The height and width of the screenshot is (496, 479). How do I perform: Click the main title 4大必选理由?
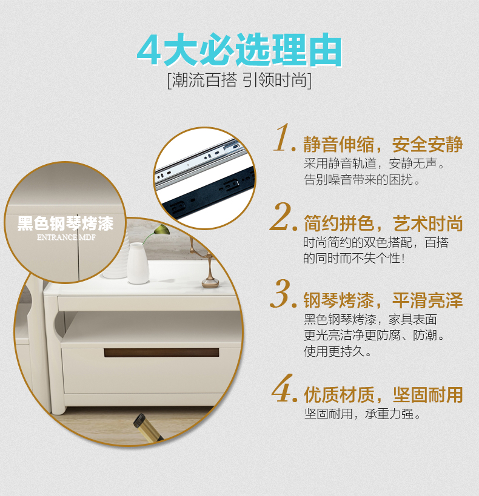click(x=239, y=50)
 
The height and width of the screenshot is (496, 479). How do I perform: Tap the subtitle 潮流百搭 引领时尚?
click(x=239, y=81)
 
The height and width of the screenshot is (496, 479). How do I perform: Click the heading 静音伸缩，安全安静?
click(x=383, y=145)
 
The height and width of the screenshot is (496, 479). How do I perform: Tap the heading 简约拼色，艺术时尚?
click(x=383, y=223)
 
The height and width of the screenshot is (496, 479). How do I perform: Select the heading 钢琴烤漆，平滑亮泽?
click(x=383, y=300)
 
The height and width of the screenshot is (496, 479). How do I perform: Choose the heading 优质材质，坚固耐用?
click(x=383, y=395)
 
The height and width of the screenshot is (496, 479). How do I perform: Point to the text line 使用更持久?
click(x=335, y=351)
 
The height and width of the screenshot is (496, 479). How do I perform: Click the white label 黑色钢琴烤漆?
click(x=65, y=223)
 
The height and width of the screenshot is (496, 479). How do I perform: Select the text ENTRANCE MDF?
click(x=66, y=237)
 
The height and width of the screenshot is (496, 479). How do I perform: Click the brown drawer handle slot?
click(x=161, y=352)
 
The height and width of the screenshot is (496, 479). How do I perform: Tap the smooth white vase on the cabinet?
click(x=138, y=263)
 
